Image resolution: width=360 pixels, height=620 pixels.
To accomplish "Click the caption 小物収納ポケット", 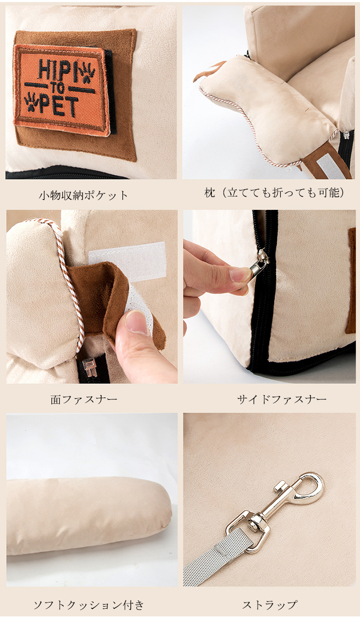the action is click(x=83, y=196).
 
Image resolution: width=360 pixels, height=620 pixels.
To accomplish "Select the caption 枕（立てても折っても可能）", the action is click(x=275, y=193).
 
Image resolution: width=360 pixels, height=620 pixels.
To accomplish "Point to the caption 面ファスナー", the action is click(x=84, y=399).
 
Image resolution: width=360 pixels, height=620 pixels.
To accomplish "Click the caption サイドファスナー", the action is click(x=282, y=399).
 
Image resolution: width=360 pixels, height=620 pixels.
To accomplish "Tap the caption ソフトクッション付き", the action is click(x=89, y=605).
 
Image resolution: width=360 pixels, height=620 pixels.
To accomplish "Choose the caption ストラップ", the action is click(x=270, y=605).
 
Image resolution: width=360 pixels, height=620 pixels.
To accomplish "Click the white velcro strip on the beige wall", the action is click(x=127, y=259).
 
